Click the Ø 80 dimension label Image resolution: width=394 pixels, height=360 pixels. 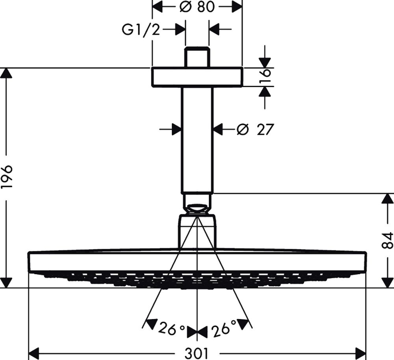(197, 7)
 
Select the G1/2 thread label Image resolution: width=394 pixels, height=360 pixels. (141, 30)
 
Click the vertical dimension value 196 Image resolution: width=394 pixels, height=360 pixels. (7, 177)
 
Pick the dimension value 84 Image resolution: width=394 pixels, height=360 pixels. (388, 240)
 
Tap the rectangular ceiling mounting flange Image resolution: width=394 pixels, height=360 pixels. (197, 77)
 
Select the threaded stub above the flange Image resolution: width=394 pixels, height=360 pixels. (197, 58)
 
